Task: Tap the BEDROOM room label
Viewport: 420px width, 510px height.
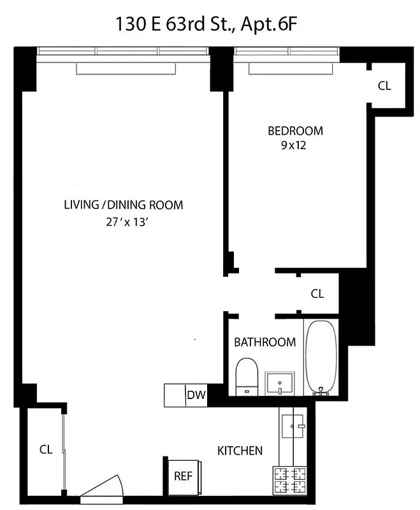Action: click(x=295, y=131)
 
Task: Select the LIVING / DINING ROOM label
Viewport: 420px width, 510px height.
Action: click(x=123, y=205)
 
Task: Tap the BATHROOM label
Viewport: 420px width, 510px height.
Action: click(x=264, y=342)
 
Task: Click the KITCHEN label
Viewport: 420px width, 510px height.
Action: click(x=240, y=451)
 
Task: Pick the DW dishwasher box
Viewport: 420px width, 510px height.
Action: click(x=196, y=395)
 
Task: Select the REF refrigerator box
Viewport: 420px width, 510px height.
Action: click(x=183, y=476)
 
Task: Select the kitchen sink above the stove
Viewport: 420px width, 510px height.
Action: click(x=294, y=425)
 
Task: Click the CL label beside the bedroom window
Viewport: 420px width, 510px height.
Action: click(x=384, y=86)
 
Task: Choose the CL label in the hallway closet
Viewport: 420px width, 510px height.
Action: click(x=317, y=294)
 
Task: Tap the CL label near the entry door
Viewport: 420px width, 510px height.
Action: click(x=45, y=449)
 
